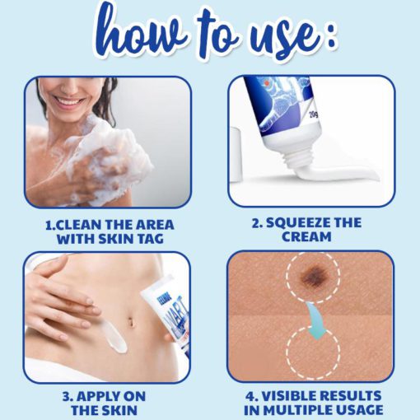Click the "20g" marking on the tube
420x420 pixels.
click(x=314, y=113)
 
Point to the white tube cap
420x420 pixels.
click(x=237, y=154)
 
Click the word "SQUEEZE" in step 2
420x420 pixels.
click(x=296, y=223)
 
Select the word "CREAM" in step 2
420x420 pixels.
click(x=306, y=236)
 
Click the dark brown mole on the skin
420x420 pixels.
click(x=315, y=275)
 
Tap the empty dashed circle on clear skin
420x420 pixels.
click(x=313, y=352)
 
